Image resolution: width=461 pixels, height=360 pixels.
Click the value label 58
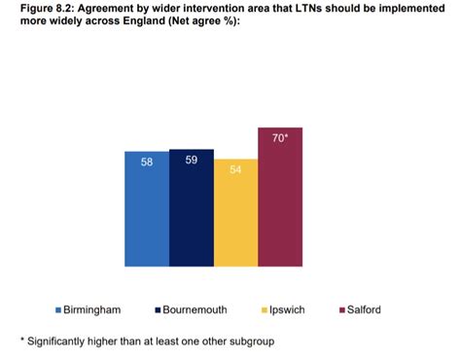146,162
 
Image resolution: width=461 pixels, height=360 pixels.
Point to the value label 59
191,161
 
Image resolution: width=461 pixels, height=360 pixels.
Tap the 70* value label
280,138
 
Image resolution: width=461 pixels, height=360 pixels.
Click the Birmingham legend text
92,309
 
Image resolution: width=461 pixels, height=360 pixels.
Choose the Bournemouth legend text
195,309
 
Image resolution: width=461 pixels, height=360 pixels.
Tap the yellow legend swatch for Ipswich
264,309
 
